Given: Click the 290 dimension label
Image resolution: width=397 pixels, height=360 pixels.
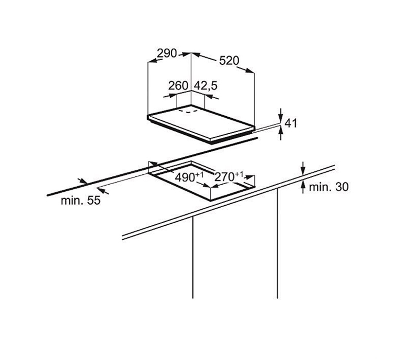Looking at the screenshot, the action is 166,53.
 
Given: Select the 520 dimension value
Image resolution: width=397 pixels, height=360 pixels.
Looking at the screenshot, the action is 229,61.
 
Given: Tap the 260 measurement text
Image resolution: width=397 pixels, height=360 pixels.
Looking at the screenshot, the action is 178,85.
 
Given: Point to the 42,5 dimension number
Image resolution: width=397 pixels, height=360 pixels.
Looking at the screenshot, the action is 206,86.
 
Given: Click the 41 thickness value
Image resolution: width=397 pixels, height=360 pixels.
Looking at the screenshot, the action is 291,123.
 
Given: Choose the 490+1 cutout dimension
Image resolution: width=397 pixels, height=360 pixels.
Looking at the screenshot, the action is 189,177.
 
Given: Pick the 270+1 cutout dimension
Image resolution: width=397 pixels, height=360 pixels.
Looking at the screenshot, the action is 229,176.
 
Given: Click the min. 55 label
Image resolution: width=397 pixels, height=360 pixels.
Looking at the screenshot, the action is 81,201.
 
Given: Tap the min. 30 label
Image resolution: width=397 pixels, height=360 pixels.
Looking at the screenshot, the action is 329,187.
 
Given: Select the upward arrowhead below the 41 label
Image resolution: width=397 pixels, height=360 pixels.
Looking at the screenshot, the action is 281,131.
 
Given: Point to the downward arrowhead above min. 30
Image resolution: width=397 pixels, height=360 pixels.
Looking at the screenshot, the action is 303,171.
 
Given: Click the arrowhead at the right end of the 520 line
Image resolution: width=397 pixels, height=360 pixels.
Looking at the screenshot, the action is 250,70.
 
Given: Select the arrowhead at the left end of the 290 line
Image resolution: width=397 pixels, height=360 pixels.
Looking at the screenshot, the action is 152,61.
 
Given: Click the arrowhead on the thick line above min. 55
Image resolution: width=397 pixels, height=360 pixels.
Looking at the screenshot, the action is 83,181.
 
